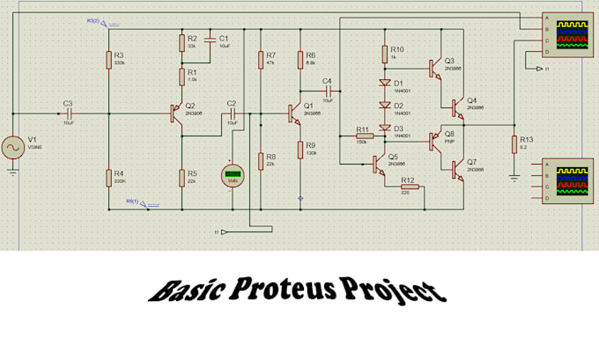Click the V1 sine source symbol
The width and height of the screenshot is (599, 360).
point(14,147)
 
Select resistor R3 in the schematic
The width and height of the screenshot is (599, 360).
point(108,59)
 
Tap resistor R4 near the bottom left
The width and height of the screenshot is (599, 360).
point(108,176)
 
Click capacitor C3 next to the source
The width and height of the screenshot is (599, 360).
point(68,114)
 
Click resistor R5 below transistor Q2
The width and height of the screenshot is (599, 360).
point(181,176)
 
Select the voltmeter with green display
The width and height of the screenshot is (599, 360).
point(233,175)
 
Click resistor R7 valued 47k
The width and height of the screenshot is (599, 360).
point(260,59)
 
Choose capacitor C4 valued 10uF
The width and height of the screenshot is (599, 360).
point(327,91)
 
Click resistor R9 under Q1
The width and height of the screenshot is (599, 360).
point(299,149)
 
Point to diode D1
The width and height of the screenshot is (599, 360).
point(385,84)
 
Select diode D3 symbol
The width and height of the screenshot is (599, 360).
point(385,128)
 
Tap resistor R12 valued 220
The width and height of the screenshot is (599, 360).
point(408,187)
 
